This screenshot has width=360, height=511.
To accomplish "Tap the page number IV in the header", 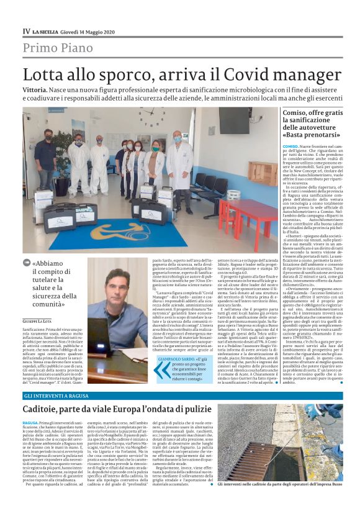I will tap(26, 30).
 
